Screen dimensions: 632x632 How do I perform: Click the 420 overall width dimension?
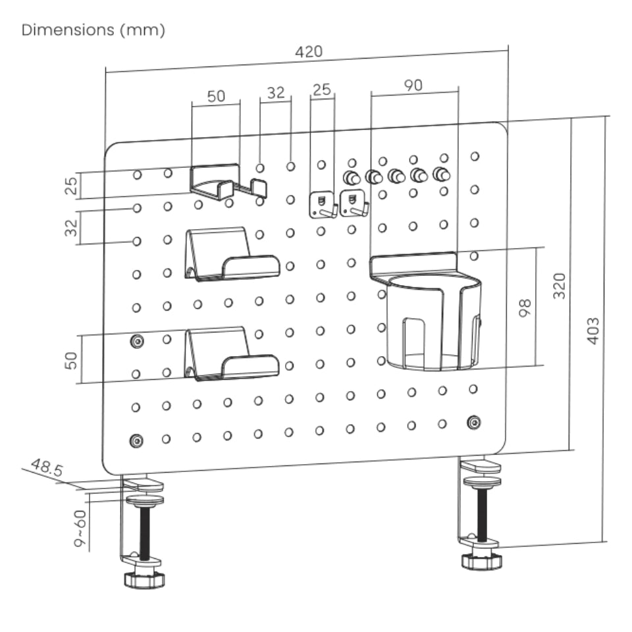[x=309, y=53]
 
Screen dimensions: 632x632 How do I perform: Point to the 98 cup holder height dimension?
[x=525, y=307]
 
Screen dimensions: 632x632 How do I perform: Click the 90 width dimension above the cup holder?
[x=413, y=84]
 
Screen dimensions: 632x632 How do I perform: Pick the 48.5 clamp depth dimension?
[x=47, y=469]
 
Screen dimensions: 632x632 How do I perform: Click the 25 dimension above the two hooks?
[x=321, y=89]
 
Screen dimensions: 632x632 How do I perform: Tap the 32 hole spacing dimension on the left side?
[x=72, y=227]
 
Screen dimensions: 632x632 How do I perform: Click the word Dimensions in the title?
[x=68, y=31]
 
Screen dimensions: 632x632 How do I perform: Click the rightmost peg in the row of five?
[x=441, y=174]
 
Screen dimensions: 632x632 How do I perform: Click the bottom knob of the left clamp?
[x=144, y=579]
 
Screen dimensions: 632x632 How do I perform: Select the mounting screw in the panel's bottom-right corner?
[x=473, y=421]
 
